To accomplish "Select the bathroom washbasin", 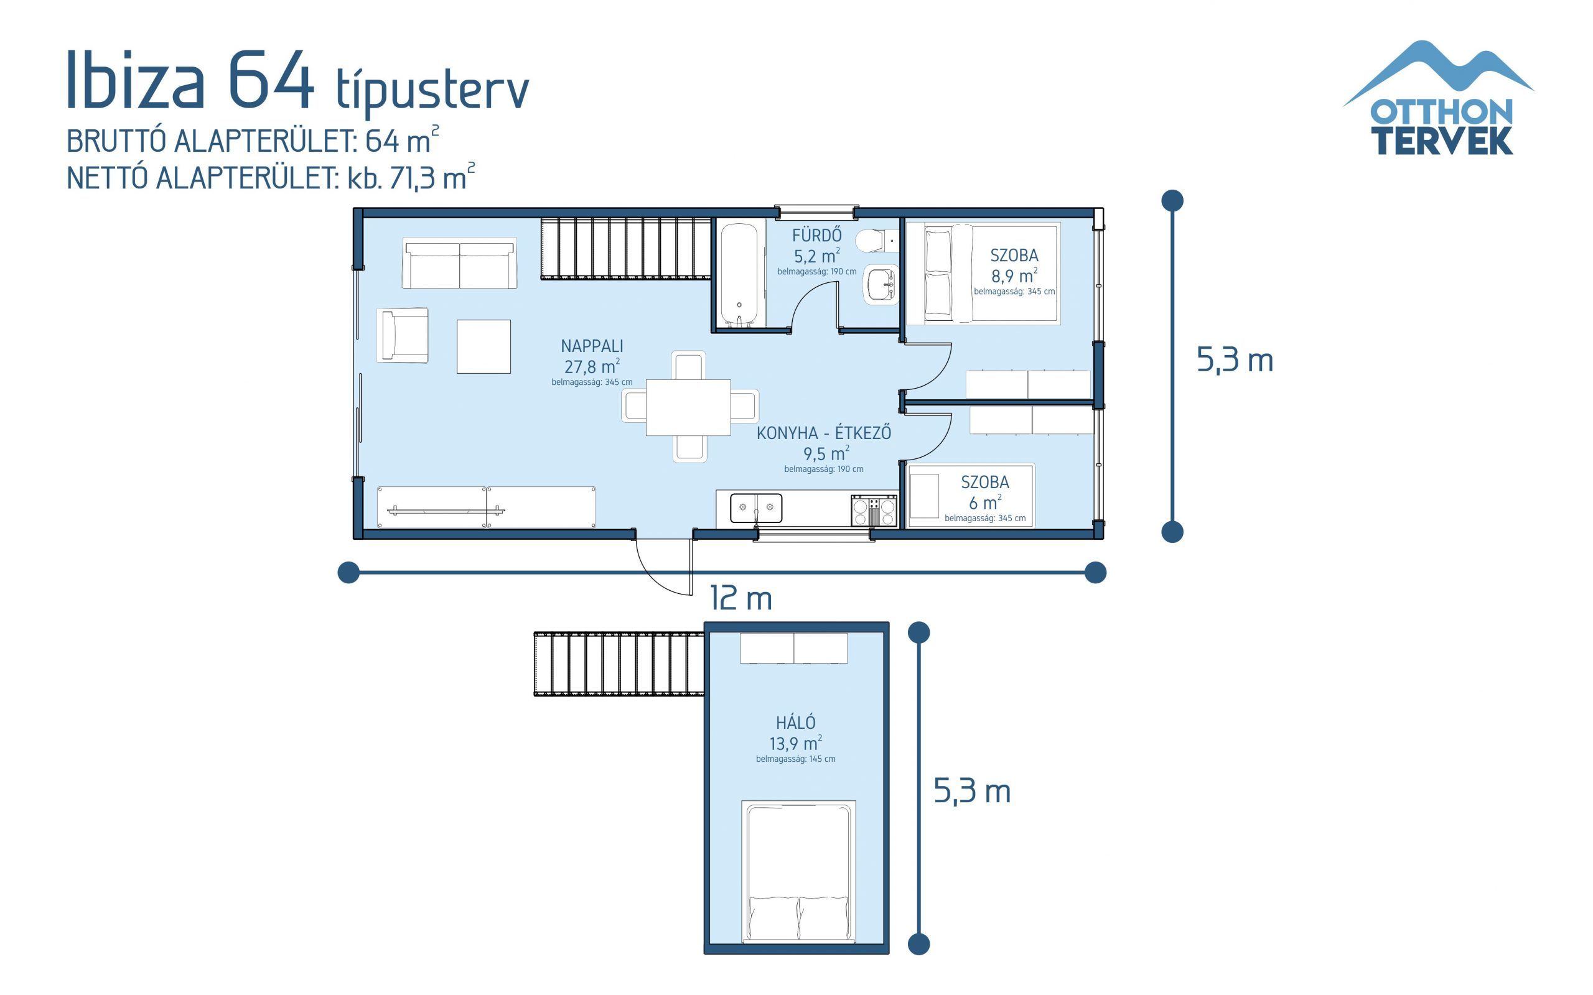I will (x=881, y=285).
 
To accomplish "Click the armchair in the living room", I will (x=403, y=335).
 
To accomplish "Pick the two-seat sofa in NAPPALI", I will (x=459, y=264).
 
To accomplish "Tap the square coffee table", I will (x=484, y=347).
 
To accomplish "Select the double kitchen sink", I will (x=755, y=508).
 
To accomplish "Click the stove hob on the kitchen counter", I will (x=874, y=511).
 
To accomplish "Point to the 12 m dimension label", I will (x=740, y=599).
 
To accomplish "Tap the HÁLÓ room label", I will (x=795, y=723).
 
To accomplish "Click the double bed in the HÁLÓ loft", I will (x=798, y=872).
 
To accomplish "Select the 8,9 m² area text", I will (x=1014, y=275).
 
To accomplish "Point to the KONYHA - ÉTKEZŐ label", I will (x=823, y=433).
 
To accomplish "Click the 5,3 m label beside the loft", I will (x=971, y=791).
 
